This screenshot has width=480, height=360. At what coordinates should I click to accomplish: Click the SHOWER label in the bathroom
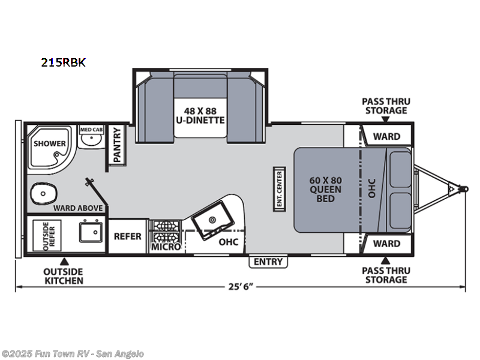click(x=50, y=143)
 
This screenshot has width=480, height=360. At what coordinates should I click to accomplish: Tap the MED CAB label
click(x=90, y=129)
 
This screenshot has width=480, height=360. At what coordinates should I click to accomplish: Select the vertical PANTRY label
click(x=117, y=145)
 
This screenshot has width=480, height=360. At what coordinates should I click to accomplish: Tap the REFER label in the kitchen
click(x=127, y=236)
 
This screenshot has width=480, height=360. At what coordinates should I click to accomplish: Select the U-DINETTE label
click(x=200, y=120)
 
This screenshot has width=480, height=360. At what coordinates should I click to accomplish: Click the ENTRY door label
click(x=268, y=262)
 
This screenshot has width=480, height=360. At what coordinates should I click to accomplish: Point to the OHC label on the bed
click(x=372, y=188)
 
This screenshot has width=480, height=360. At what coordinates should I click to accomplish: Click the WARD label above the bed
click(x=386, y=137)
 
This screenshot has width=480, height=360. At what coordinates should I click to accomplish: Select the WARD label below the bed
click(x=386, y=244)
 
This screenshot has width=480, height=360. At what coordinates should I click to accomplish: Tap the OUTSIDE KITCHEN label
click(x=62, y=276)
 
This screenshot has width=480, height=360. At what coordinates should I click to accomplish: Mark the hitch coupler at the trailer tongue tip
click(x=463, y=188)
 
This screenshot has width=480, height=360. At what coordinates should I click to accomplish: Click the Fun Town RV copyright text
click(x=73, y=354)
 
